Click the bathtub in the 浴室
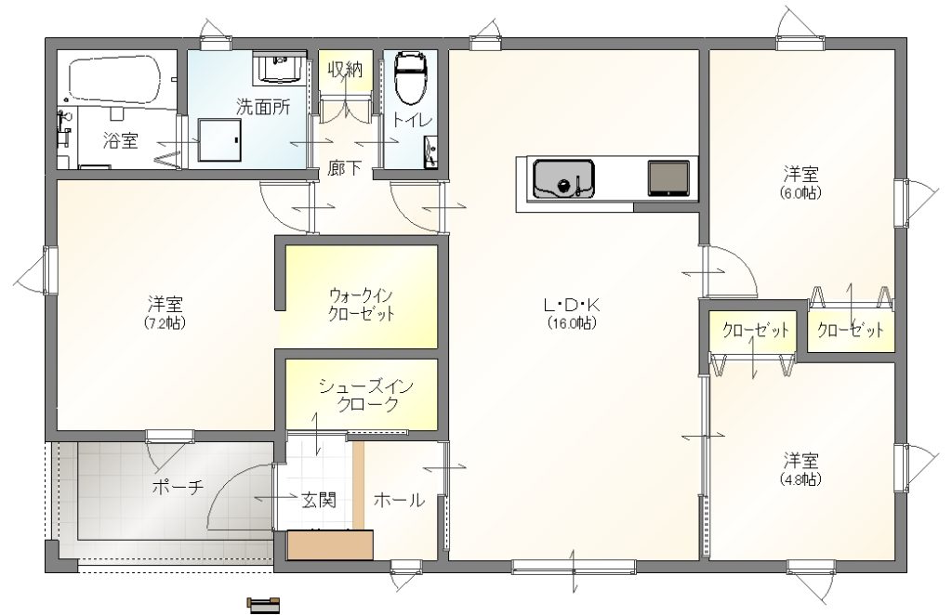point(114,80)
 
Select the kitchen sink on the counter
point(563,179)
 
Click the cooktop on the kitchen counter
point(668,178)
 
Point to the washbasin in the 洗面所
point(281,67)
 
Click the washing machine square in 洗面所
point(220,140)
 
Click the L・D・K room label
point(572,305)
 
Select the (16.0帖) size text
point(572,322)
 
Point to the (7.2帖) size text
point(165,322)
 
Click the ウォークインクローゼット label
point(362,305)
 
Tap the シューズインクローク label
point(366,396)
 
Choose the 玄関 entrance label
point(319,501)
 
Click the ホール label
point(398,501)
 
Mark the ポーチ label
point(178,487)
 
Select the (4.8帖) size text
point(800,479)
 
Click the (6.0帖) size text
point(800,193)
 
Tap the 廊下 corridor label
point(345,168)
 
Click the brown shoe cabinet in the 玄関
point(330,544)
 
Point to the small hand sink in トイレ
point(431,151)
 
